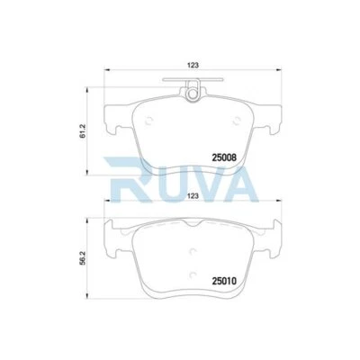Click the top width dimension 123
[192, 65]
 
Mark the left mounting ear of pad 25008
[112, 118]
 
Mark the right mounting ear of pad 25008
[271, 118]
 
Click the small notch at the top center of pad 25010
[192, 222]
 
